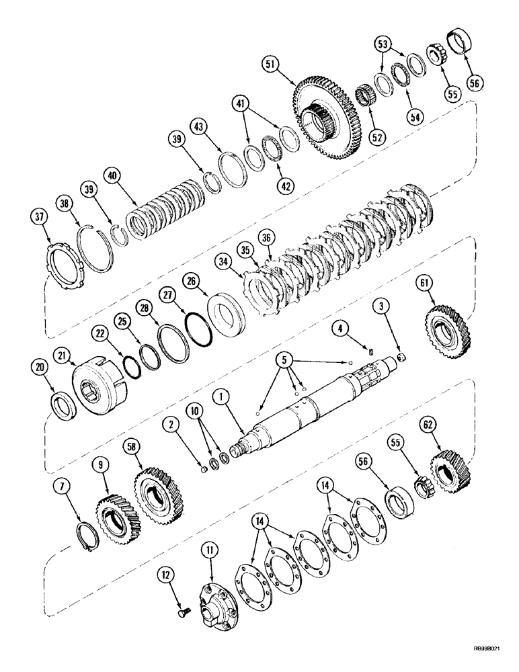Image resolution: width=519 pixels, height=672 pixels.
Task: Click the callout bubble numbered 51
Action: pos(270,66)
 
